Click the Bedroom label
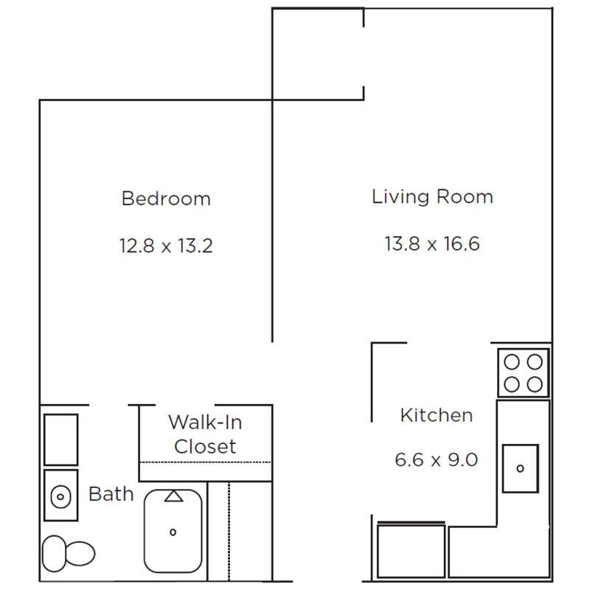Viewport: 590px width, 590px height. (166, 198)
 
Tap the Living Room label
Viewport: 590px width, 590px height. (432, 197)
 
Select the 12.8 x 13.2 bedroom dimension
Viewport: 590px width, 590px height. (166, 246)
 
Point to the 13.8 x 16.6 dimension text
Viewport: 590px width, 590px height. (432, 243)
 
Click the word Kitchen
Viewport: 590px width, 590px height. (437, 415)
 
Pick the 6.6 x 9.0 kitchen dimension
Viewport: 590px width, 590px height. (436, 459)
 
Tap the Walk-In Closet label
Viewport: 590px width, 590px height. (205, 434)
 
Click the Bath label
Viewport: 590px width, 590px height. (111, 493)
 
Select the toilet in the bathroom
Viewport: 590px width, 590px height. (68, 553)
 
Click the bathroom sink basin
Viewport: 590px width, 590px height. (60, 496)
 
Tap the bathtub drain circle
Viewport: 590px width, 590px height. (173, 532)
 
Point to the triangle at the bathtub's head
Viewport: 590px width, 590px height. (173, 496)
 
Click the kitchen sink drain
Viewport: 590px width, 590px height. (521, 468)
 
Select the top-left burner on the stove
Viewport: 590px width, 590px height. (512, 362)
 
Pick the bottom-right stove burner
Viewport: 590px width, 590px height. (535, 384)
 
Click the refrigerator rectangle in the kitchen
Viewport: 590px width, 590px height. (412, 550)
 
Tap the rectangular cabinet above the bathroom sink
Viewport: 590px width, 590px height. (61, 440)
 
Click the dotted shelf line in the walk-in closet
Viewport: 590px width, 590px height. (205, 462)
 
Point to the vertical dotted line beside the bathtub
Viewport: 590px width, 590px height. (229, 532)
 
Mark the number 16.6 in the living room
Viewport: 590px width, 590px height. (462, 243)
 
